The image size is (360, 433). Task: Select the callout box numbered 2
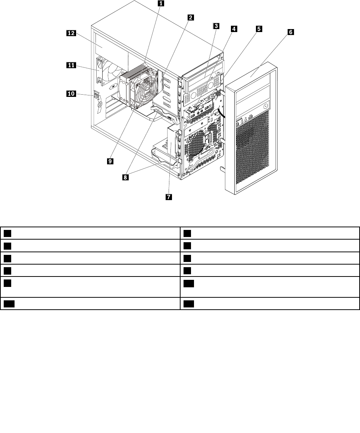click(x=190, y=17)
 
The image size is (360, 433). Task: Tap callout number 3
click(x=216, y=26)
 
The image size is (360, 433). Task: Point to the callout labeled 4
click(x=234, y=28)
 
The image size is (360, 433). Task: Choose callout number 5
click(x=259, y=28)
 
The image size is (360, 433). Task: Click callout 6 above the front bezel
click(x=290, y=32)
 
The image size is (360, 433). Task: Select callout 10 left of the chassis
click(x=71, y=94)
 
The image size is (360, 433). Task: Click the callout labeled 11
click(x=71, y=65)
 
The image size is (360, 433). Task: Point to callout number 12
click(x=71, y=33)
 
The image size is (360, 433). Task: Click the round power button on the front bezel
click(x=265, y=106)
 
